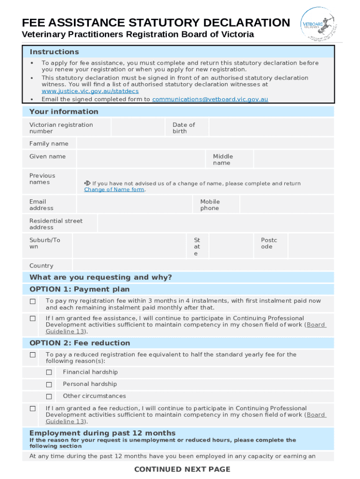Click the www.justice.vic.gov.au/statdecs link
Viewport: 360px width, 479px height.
pyautogui.click(x=90, y=91)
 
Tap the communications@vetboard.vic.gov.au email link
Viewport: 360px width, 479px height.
pyautogui.click(x=210, y=99)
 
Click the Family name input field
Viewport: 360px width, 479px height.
pyautogui.click(x=205, y=144)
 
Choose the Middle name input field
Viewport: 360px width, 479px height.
pyautogui.click(x=294, y=159)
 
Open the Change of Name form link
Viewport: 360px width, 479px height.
pyautogui.click(x=114, y=189)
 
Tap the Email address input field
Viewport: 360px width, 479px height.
pyautogui.click(x=135, y=205)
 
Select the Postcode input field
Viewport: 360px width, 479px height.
pyautogui.click(x=311, y=246)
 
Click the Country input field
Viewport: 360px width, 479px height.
pyautogui.click(x=203, y=265)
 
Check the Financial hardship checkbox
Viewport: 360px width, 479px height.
pyautogui.click(x=49, y=372)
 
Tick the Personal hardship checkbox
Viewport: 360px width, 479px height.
pyautogui.click(x=49, y=385)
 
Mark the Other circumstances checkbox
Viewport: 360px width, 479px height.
pyautogui.click(x=49, y=397)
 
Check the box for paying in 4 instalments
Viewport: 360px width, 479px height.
pyautogui.click(x=33, y=302)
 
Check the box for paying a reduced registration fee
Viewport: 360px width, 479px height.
pyautogui.click(x=33, y=355)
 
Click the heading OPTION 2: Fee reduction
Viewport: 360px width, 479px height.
pyautogui.click(x=79, y=343)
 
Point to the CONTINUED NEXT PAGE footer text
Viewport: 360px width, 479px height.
pyautogui.click(x=182, y=469)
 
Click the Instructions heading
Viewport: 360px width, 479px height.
pyautogui.click(x=54, y=52)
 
